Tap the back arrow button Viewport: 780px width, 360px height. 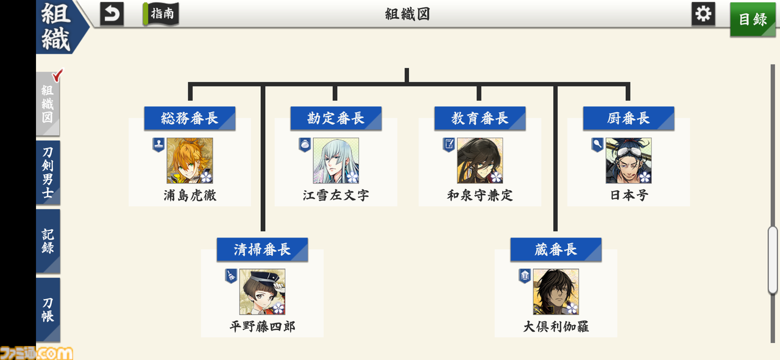112,14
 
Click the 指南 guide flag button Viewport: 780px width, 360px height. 161,14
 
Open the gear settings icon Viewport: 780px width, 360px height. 703,14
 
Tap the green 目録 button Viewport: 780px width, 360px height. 753,19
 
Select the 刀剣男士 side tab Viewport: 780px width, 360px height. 48,172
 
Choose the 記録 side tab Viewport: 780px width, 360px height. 48,241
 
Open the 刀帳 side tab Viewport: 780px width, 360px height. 48,309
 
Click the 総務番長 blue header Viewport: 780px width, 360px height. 190,118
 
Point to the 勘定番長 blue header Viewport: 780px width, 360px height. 336,118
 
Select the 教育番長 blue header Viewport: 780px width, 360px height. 480,118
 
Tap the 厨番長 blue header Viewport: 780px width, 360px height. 628,118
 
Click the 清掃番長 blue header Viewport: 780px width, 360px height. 262,250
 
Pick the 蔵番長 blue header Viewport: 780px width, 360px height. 556,250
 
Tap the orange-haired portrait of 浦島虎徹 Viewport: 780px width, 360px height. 190,160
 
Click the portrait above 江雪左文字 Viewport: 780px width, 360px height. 336,160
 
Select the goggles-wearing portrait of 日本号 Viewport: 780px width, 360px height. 628,160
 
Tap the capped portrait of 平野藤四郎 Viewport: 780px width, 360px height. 262,292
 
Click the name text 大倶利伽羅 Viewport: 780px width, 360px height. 556,326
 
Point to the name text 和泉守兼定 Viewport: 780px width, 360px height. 480,196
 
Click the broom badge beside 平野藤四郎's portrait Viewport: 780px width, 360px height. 231,276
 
